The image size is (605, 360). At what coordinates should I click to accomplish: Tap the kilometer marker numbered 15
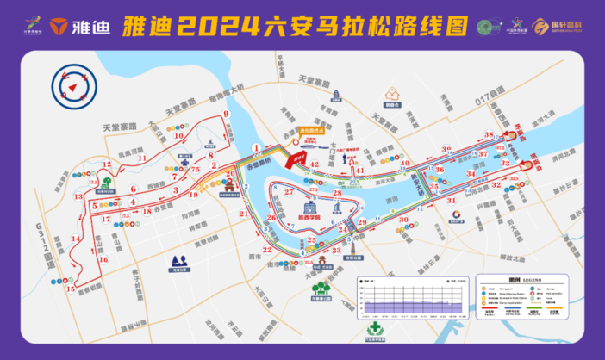[69, 289]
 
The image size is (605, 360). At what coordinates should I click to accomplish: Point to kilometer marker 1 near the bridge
[256, 148]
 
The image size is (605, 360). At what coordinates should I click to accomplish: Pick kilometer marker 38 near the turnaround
[489, 135]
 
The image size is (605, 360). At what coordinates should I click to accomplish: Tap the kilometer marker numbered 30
[403, 219]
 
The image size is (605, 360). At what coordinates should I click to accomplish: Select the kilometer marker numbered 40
[405, 161]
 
